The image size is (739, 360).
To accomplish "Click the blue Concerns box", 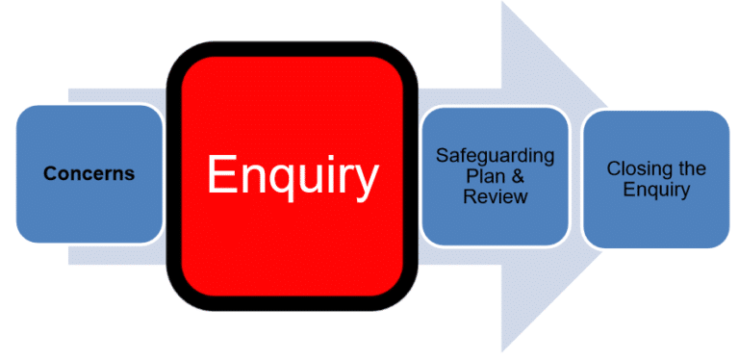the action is (89, 207).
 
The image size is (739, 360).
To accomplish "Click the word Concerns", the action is (89, 174).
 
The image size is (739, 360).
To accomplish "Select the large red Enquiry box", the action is (293, 241).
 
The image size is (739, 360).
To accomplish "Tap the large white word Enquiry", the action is (293, 176).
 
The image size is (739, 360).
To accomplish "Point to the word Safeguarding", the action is (495, 156).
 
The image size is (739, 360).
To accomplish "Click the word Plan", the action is (481, 176).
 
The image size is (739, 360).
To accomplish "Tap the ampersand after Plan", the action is (514, 176).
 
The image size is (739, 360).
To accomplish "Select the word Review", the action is (495, 197).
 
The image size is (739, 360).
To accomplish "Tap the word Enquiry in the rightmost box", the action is (656, 190).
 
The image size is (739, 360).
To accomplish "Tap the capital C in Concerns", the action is (49, 174).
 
